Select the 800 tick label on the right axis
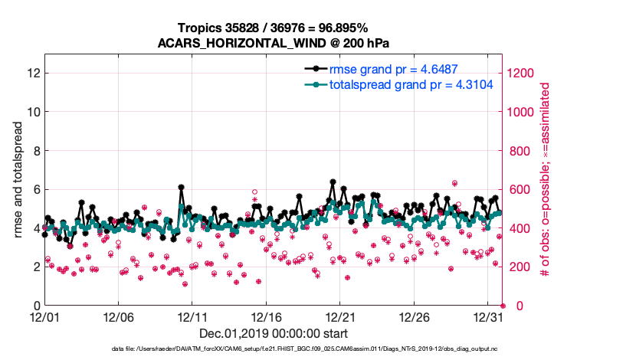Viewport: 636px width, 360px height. (520, 150)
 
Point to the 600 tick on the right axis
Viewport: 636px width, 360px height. (520, 189)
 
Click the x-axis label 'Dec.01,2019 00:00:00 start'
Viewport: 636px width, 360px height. (273, 334)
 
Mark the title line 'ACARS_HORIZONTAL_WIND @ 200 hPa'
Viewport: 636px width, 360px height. (273, 43)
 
